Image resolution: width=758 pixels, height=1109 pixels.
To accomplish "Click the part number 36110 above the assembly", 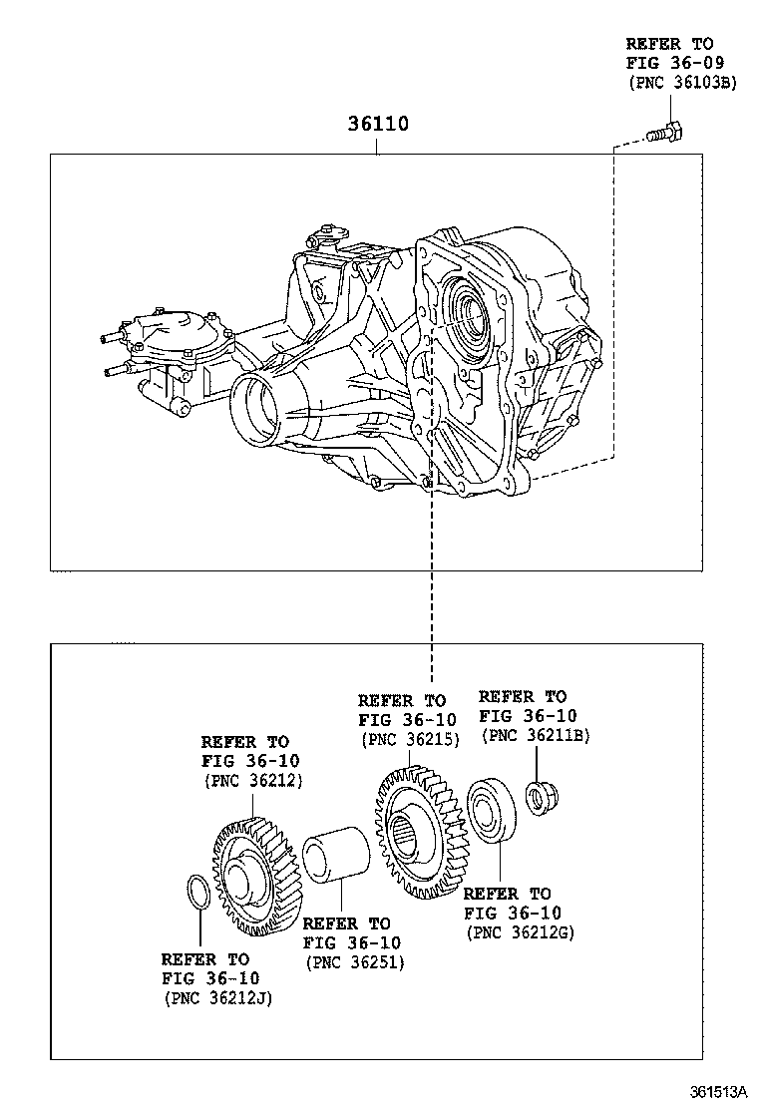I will [x=377, y=126].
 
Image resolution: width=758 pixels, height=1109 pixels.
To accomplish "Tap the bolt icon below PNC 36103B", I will [x=661, y=132].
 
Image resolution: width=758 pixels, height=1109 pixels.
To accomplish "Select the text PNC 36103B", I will [x=681, y=83].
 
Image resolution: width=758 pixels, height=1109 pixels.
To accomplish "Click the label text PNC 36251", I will [x=354, y=961].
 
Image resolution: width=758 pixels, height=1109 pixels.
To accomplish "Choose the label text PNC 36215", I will [x=409, y=739].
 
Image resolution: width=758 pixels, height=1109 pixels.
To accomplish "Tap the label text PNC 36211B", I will [x=535, y=734].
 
